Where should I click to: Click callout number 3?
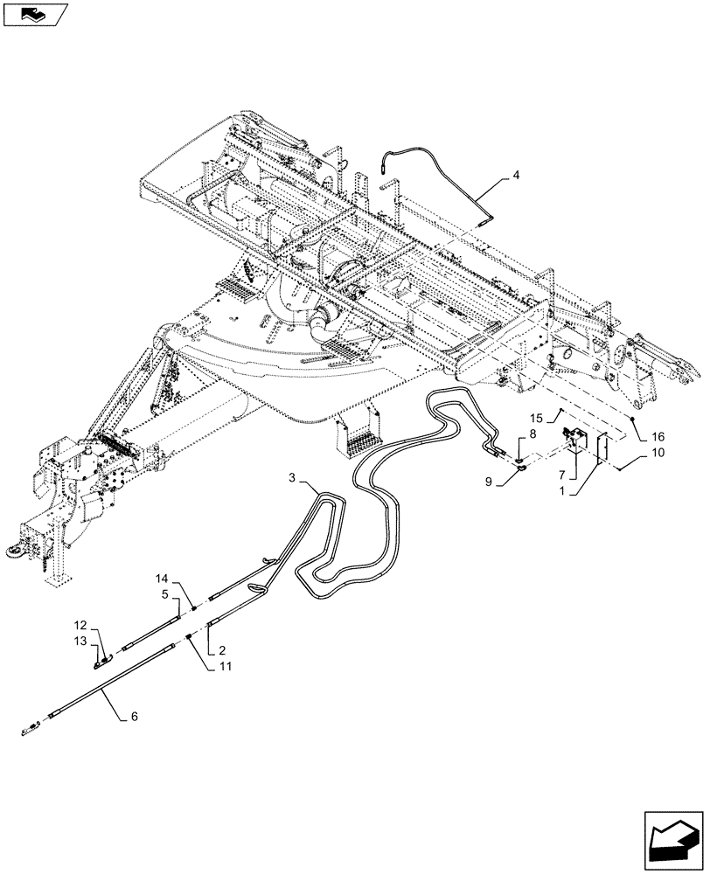[x=295, y=477]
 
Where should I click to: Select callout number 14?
[x=163, y=579]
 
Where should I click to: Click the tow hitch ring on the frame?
[x=21, y=549]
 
